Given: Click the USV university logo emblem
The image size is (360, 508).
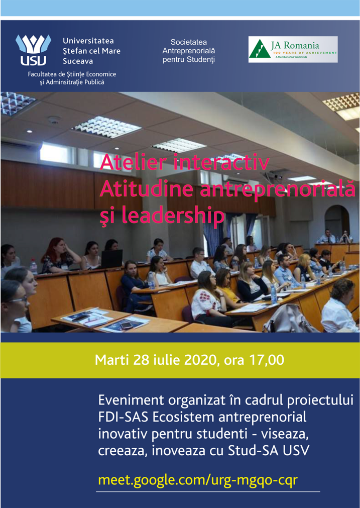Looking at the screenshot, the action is coord(33,50).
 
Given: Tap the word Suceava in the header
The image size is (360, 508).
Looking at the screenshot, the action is coord(78,61).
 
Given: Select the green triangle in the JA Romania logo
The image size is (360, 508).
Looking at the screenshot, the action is coord(260,50).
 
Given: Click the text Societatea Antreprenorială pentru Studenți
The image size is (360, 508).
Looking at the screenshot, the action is coord(189,51).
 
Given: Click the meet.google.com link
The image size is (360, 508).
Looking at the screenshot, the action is coord(197,480).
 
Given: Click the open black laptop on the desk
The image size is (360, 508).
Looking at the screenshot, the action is coord(111,259).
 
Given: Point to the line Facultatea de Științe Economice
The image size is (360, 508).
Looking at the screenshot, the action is coord(72,74).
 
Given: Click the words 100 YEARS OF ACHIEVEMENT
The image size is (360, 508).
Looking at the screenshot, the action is coord(306,52).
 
